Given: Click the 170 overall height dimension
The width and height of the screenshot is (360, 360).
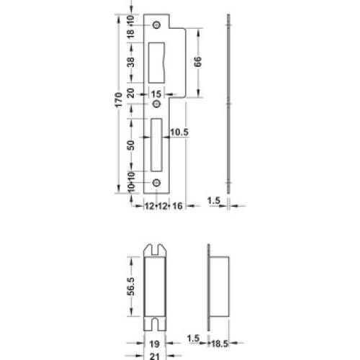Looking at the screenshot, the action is [x=119, y=99].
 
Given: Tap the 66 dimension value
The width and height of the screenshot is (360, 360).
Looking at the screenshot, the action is [x=197, y=62].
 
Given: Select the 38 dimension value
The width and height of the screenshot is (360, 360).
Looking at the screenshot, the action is [x=131, y=62].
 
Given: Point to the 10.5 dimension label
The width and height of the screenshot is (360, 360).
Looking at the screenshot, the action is [x=179, y=132].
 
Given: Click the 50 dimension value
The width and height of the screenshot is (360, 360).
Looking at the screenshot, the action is [x=131, y=145].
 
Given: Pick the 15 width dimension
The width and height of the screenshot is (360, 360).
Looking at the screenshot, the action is [x=156, y=94].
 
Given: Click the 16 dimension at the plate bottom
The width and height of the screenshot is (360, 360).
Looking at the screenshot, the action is [x=177, y=206].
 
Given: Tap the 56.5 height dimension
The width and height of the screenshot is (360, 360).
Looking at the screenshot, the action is [x=131, y=287].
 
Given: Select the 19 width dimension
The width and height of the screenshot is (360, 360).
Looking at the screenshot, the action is [x=154, y=344].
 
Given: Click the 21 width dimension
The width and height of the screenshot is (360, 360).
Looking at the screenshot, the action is [x=154, y=356].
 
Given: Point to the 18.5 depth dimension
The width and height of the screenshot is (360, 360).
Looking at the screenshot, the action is [x=220, y=343].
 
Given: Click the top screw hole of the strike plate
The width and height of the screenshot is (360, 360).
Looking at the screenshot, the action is [x=157, y=25].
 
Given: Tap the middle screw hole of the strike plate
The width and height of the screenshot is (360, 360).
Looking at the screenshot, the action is [x=157, y=104].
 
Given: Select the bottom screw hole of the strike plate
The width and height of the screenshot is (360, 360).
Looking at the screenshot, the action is [x=157, y=183].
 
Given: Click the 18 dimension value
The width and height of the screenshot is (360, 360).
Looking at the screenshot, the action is [x=131, y=34].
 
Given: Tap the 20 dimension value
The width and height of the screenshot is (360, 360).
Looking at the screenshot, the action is [x=131, y=93].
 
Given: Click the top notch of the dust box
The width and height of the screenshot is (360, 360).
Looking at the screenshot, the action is [x=156, y=250].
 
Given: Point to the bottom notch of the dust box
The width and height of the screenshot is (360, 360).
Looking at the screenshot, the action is [x=155, y=324].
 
